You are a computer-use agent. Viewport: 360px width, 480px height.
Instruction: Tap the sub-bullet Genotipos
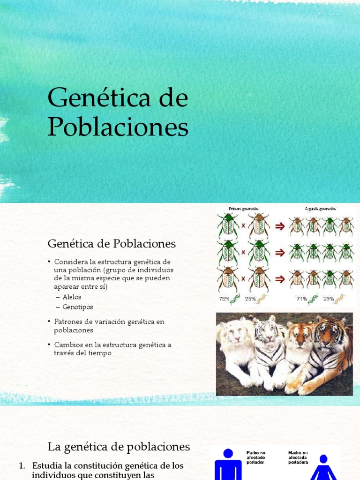click(78, 307)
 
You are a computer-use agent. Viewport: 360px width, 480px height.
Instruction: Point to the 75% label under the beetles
click(224, 299)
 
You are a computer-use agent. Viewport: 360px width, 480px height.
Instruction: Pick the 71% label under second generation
click(301, 299)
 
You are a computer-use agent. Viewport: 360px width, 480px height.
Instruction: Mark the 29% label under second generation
click(328, 299)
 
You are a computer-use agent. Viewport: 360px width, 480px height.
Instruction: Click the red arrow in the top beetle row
click(280, 226)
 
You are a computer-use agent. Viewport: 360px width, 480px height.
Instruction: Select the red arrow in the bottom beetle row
click(280, 279)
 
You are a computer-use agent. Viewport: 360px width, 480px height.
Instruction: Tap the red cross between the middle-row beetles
click(244, 253)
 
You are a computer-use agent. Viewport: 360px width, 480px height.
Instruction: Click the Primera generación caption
click(244, 208)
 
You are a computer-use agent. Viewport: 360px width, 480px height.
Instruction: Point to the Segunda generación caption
click(319, 208)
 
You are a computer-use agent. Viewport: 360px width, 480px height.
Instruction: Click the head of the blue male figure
click(228, 453)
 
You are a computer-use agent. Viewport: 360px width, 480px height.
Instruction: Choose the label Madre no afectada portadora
click(299, 457)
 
